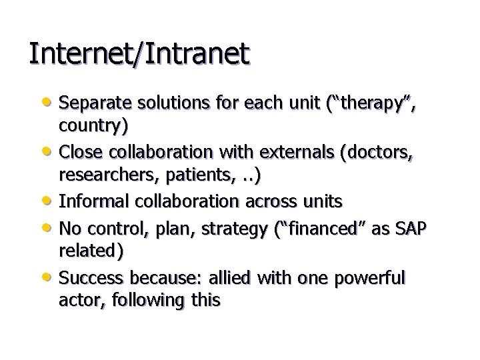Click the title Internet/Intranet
[139, 54]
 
